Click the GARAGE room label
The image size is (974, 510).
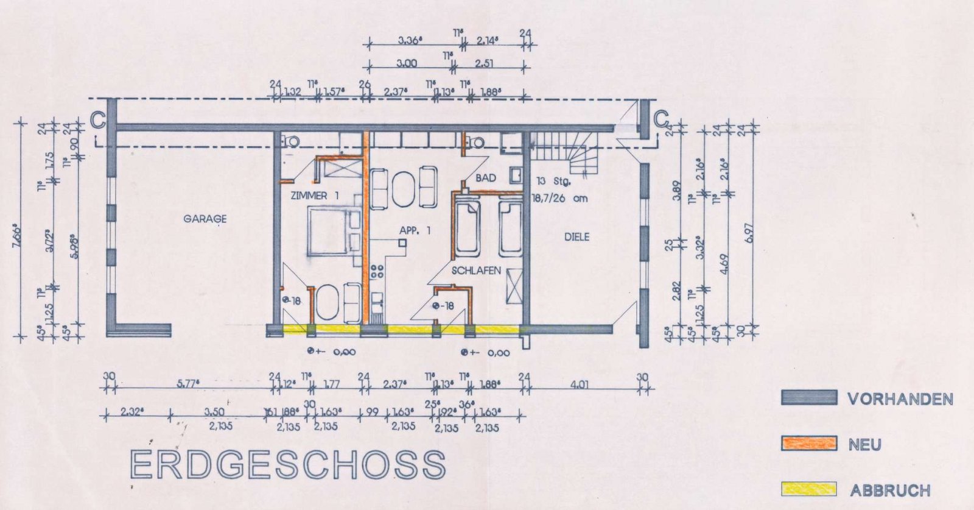[205, 218]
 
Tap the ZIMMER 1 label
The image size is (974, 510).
[314, 196]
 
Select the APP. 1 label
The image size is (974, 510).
[415, 230]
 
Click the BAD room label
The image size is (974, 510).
[486, 178]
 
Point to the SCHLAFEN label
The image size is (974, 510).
[476, 270]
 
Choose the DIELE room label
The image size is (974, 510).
[576, 236]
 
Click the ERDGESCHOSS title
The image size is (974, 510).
[288, 466]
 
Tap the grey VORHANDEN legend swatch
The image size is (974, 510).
[809, 398]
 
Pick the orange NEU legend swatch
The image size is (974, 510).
[809, 444]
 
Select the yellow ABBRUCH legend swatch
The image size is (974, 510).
[809, 489]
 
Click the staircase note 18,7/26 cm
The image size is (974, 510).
[559, 198]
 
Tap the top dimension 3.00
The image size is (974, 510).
[406, 63]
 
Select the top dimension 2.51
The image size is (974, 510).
[484, 63]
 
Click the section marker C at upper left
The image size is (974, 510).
[97, 120]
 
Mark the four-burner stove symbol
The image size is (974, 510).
[377, 271]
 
